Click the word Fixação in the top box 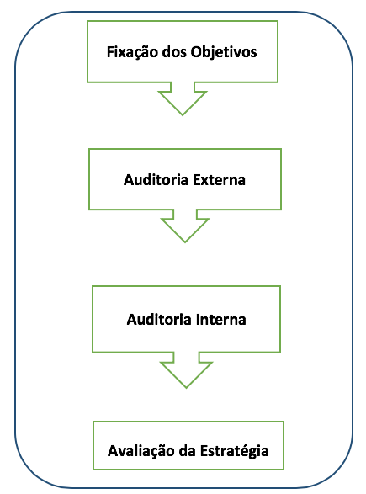(x=132, y=52)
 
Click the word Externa (x=219, y=180)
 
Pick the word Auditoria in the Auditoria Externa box (x=156, y=180)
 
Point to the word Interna (x=220, y=320)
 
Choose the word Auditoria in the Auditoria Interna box (x=159, y=320)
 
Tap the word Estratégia (x=235, y=451)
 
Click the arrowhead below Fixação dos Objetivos (x=183, y=104)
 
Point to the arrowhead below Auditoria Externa (x=185, y=231)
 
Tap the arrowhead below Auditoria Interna (x=186, y=374)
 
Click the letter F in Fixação (x=110, y=52)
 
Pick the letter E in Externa (x=197, y=180)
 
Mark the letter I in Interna (x=198, y=320)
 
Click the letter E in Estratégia (x=204, y=451)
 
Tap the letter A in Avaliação (x=114, y=451)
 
